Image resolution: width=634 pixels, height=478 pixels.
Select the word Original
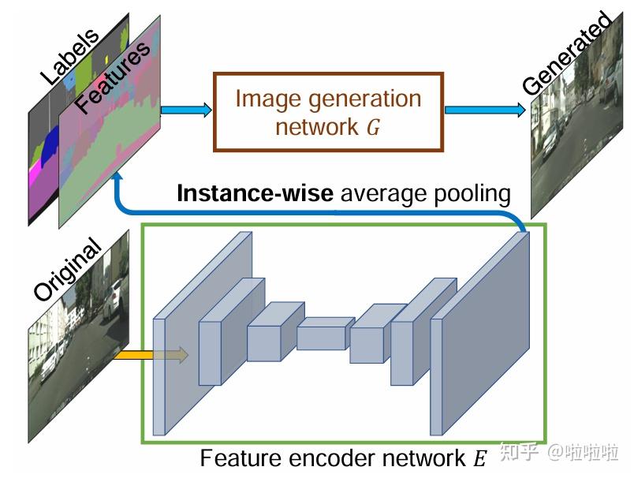(x=67, y=269)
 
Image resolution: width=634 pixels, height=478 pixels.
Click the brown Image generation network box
(x=327, y=111)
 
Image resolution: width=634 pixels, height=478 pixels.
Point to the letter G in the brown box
(x=373, y=127)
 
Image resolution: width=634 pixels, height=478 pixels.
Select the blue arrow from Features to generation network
(x=187, y=110)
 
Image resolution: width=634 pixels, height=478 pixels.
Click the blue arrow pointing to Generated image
(x=483, y=110)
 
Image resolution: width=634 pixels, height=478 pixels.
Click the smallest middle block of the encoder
(x=321, y=335)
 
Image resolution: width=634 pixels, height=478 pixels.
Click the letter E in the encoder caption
(x=480, y=458)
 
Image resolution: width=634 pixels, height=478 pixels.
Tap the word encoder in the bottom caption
(x=342, y=458)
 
